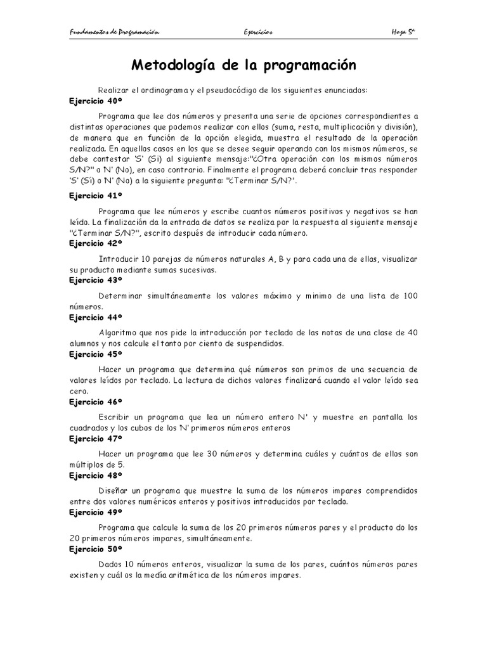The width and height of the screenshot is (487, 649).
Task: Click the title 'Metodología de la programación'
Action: [x=243, y=65]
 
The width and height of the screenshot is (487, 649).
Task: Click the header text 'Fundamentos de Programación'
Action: [x=114, y=32]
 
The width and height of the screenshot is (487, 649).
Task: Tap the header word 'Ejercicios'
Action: [x=257, y=32]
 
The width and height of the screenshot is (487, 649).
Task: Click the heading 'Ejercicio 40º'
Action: [x=95, y=101]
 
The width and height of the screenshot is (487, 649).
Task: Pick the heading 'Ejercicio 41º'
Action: [x=95, y=196]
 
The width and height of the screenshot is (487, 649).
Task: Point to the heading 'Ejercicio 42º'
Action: [x=95, y=243]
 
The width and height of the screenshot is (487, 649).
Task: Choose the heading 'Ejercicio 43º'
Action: [x=95, y=280]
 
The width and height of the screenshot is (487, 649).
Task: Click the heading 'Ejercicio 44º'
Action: [x=95, y=316]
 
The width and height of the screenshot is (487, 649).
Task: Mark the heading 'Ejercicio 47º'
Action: [x=95, y=438]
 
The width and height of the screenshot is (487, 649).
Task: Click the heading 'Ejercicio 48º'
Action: [x=95, y=475]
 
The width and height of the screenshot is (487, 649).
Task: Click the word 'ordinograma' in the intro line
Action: [x=148, y=91]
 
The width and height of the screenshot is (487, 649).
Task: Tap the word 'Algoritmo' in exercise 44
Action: [x=119, y=333]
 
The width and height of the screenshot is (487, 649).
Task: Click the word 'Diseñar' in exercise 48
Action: [x=115, y=491]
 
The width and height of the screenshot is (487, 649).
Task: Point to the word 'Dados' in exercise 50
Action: [x=111, y=565]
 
